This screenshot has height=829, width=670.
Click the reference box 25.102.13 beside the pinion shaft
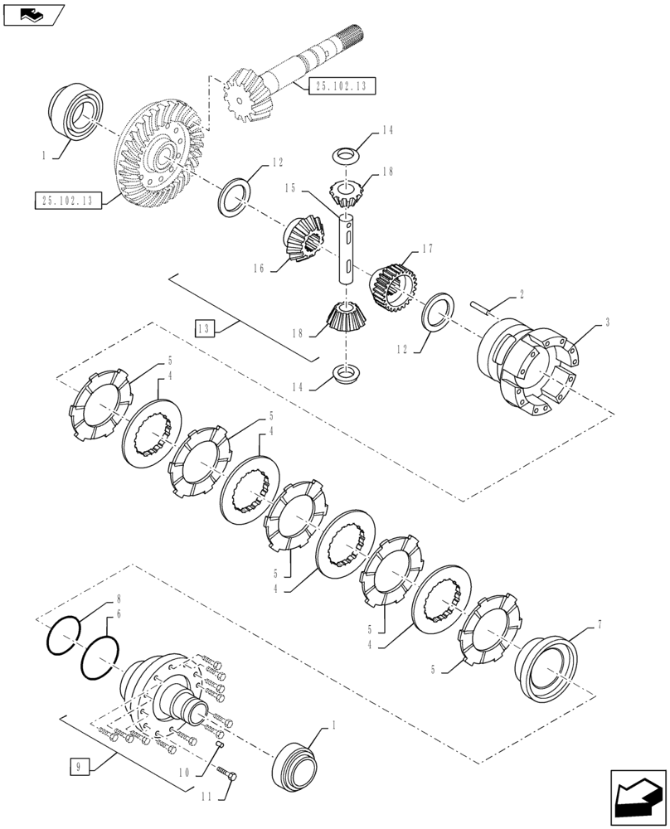pyautogui.click(x=343, y=86)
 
